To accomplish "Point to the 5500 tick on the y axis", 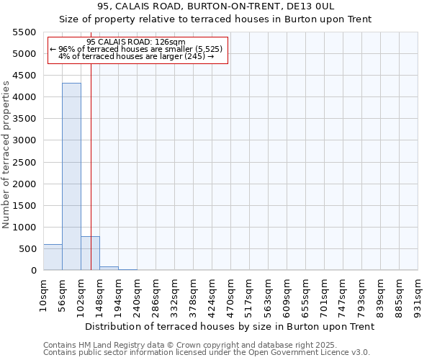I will tap(24, 32).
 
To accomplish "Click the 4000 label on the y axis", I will tap(24, 97).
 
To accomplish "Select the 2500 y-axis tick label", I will tap(24, 163).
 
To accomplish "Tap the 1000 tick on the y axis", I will tap(24, 228).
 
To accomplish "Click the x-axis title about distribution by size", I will tap(230, 326).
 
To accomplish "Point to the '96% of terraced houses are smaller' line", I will tap(137, 49).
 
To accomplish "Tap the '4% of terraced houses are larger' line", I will tap(136, 56).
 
